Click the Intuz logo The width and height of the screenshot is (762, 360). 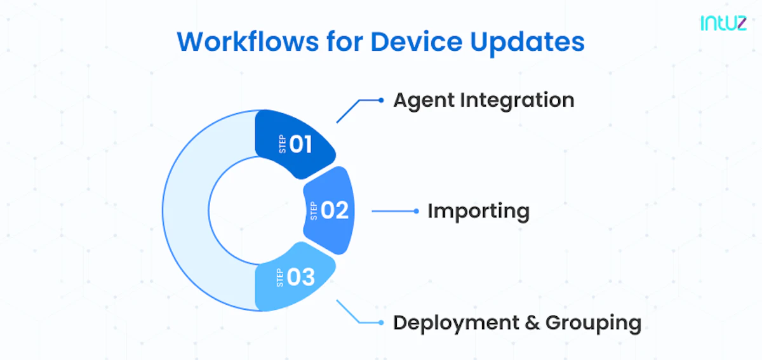(723, 23)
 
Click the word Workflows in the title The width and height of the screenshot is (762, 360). (248, 42)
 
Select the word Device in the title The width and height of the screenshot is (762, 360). (417, 42)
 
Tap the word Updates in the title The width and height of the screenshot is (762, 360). (527, 43)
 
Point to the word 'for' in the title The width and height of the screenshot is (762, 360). (345, 41)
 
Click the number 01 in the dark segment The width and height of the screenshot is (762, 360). (301, 144)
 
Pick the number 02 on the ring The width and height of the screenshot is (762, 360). (335, 210)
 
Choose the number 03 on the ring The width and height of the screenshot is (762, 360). (301, 277)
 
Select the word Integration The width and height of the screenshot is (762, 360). (517, 101)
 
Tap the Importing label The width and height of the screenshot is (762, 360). (479, 211)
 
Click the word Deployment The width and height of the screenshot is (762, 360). (456, 323)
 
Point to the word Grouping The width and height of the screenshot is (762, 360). (594, 323)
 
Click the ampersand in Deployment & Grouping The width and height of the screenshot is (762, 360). (532, 323)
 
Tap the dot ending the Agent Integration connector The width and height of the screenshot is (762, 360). (381, 100)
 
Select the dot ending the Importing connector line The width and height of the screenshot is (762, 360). (416, 211)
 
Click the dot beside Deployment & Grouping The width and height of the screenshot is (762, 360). (381, 323)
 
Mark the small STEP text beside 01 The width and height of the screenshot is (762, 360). (283, 144)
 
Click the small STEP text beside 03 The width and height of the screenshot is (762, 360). (279, 277)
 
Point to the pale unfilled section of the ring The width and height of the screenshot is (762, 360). (185, 211)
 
